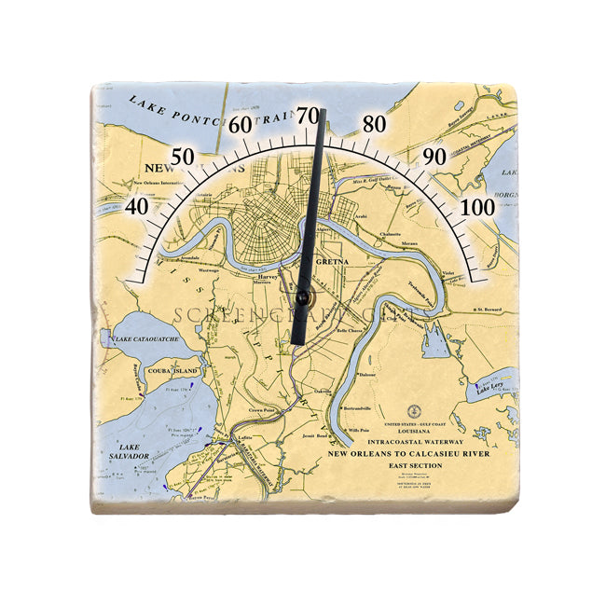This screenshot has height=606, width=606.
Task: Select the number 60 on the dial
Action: point(241,125)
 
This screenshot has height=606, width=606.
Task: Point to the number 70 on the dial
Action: point(308,116)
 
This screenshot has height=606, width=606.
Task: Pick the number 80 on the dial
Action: point(375,124)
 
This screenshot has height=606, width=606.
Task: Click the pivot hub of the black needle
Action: point(302,296)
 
